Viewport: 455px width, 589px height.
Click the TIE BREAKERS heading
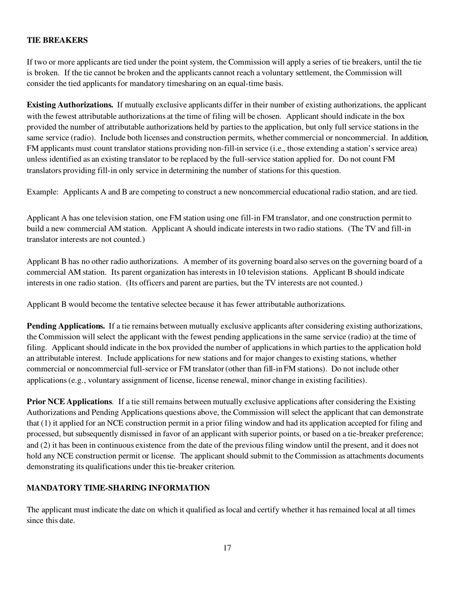[57, 40]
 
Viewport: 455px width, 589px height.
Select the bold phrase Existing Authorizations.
[70, 105]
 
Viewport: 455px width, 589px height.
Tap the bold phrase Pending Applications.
[66, 326]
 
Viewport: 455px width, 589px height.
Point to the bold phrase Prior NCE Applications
[69, 401]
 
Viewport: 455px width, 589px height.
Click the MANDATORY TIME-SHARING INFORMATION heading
[118, 488]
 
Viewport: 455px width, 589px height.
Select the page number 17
[227, 548]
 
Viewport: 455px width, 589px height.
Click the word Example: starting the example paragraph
[43, 192]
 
